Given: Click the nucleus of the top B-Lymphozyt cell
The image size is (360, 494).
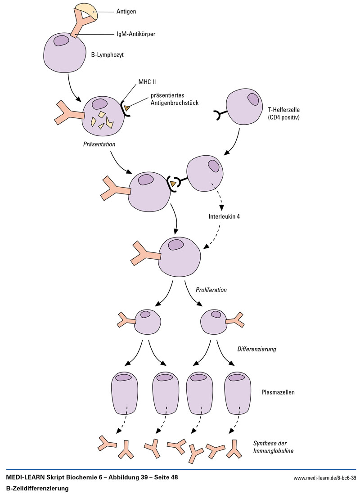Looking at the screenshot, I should tap(62, 40).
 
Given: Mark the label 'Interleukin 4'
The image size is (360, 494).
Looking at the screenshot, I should tap(224, 216).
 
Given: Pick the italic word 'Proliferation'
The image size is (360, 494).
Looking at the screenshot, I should tap(211, 290).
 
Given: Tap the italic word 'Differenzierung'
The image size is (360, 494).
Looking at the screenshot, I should tap(256, 349).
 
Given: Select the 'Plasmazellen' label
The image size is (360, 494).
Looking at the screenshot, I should tap(278, 392).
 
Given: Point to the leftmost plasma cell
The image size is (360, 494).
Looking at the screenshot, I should tap(125, 394).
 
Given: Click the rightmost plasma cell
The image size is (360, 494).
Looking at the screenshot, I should tap(238, 394).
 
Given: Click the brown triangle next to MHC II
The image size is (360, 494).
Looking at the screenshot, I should tap(128, 108).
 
